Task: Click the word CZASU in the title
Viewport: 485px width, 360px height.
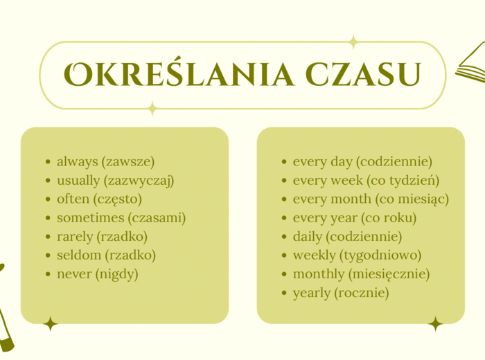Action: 362,75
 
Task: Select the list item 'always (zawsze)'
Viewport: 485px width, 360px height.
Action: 105,161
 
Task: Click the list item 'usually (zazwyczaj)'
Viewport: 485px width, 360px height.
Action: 115,181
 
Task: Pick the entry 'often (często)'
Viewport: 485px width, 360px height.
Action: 99,199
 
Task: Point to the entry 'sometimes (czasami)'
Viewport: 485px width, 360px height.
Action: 121,218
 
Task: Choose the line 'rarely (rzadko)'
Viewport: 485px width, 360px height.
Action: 102,237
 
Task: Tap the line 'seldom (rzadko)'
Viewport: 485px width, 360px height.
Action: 106,255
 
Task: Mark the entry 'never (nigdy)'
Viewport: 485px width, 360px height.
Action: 98,274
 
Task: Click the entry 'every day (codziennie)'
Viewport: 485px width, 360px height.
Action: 362,161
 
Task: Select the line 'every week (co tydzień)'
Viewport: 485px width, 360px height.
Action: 366,181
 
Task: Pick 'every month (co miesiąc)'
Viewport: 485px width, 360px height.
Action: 371,199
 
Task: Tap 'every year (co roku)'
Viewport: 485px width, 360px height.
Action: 355,218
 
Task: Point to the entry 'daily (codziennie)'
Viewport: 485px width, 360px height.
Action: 347,237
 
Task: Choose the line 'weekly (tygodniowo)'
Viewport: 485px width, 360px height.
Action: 357,255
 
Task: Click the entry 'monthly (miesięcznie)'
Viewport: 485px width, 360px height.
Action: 361,274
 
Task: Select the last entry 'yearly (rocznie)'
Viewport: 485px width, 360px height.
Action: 341,293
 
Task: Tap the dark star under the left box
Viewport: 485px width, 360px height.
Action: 50,323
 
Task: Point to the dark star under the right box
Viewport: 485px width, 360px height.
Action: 435,323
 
